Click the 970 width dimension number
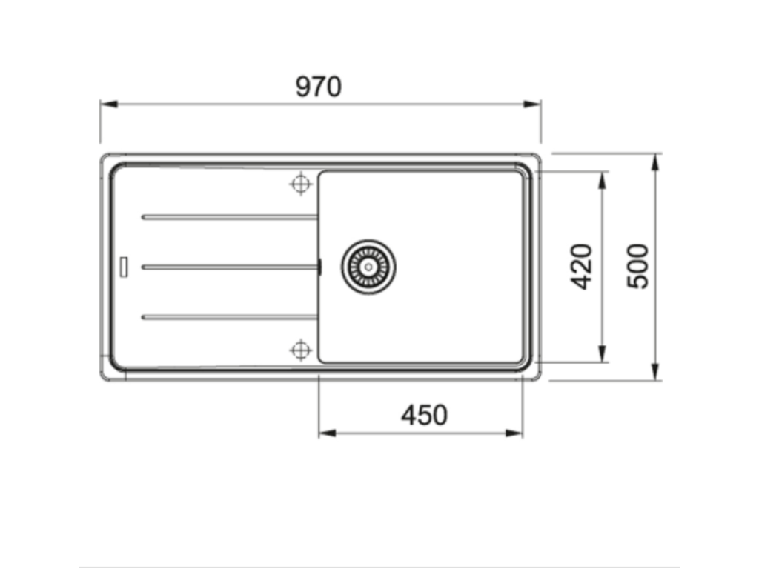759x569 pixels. click(x=319, y=87)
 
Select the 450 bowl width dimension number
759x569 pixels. click(x=424, y=416)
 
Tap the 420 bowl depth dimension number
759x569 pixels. click(x=583, y=266)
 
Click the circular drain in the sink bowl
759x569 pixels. click(x=368, y=266)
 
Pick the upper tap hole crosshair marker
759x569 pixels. click(x=300, y=184)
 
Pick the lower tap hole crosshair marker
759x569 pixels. click(x=300, y=349)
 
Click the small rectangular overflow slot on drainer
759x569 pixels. click(x=124, y=266)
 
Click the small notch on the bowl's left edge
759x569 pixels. click(x=319, y=267)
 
